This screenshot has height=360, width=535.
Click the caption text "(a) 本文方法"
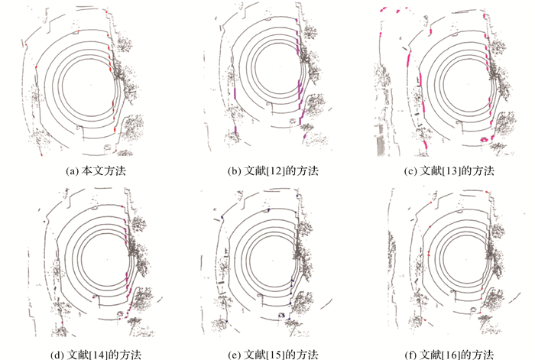[96, 170]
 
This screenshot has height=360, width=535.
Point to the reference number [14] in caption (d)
[99, 355]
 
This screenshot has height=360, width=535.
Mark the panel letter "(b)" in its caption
[234, 170]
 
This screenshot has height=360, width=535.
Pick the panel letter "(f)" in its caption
[411, 355]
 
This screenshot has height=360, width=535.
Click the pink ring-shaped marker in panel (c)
[484, 140]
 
